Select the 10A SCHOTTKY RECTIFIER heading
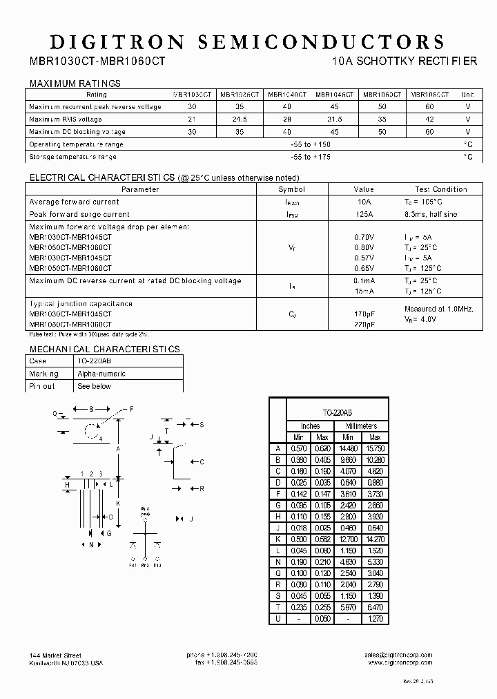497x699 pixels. pos(404,61)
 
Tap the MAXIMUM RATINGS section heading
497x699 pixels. pos(75,84)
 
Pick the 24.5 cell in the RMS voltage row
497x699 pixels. pos(240,119)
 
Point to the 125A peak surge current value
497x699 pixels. pos(364,215)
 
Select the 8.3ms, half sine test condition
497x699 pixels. pos(431,215)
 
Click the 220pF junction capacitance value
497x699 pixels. pos(364,324)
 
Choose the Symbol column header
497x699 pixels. pos(291,189)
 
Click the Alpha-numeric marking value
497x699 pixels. pos(101,374)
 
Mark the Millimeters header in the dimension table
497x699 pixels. pos(361,426)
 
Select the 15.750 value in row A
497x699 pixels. pos(374,448)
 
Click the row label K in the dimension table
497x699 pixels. pos(277,539)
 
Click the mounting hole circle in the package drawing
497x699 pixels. pos(91,432)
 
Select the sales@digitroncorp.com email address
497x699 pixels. pos(399,655)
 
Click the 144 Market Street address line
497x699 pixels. pos(56,655)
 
